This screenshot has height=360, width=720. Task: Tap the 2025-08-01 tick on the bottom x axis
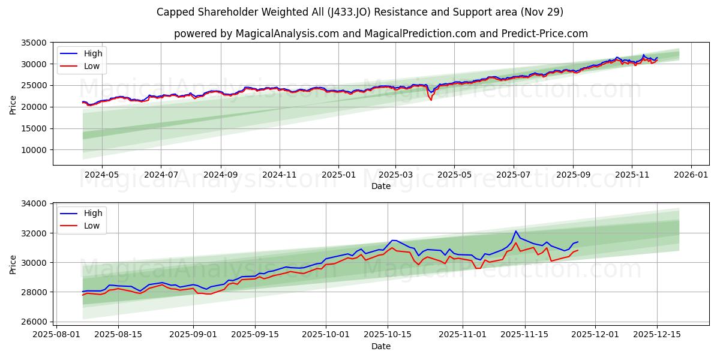56,334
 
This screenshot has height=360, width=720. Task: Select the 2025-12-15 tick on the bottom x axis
657,334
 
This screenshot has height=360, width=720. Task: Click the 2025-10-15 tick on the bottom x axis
387,334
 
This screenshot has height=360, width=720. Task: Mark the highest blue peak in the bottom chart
515,231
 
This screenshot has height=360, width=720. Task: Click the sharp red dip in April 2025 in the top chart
431,100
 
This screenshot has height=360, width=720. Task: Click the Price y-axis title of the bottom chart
13,264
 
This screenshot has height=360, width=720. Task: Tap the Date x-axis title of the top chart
380,186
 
